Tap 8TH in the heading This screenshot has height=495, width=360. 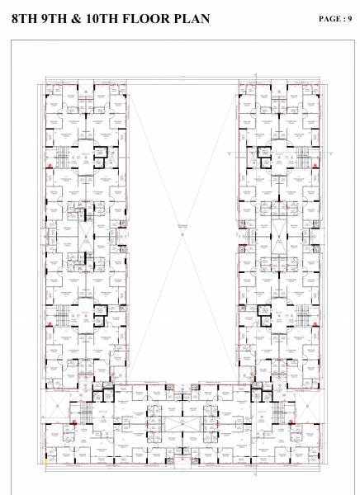pos(26,18)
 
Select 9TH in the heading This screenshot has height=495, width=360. pos(57,18)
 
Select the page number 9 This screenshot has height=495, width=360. pos(350,18)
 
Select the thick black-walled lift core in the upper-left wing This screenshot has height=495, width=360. pos(100,153)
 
